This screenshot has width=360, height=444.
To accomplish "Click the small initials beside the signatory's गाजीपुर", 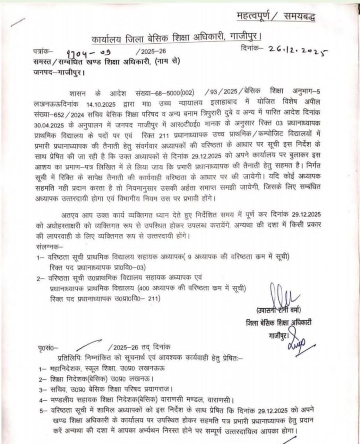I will (298, 336).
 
